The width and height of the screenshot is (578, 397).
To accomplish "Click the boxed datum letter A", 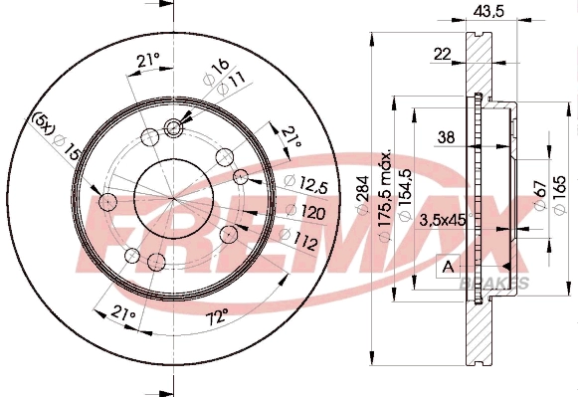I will pyautogui.click(x=447, y=266).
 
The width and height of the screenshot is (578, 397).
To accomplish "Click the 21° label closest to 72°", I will pyautogui.click(x=123, y=314).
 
